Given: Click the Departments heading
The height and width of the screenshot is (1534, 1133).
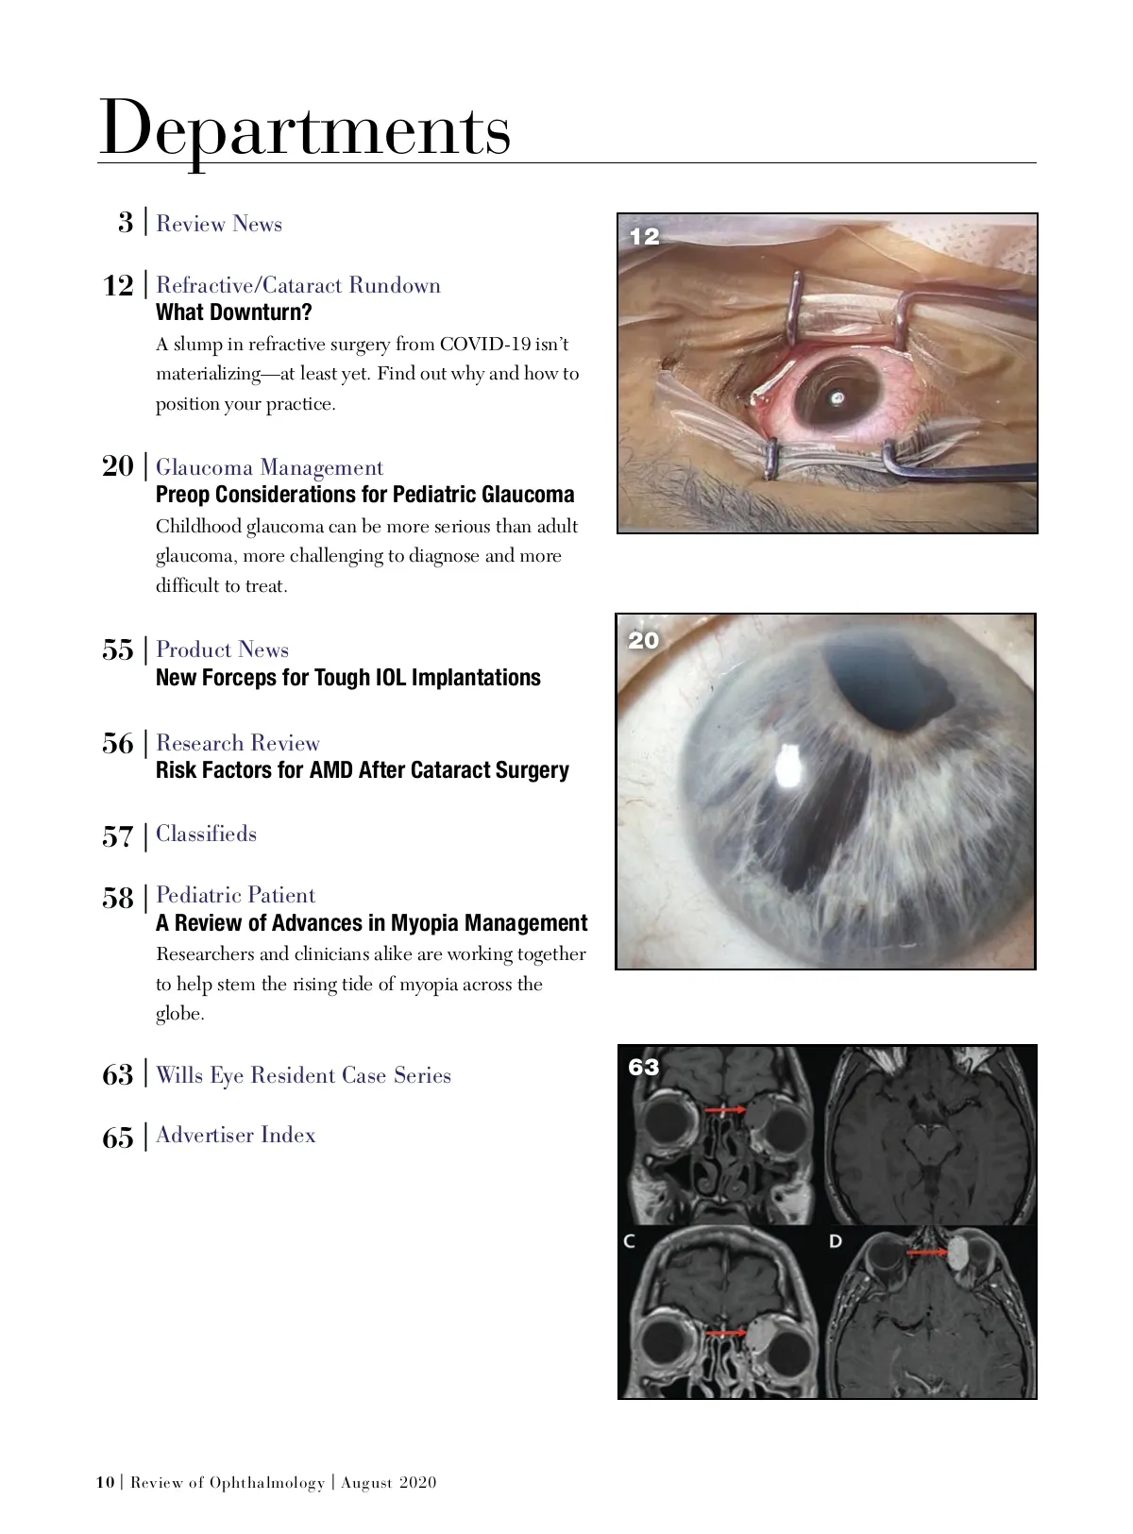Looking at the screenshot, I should pos(304,129).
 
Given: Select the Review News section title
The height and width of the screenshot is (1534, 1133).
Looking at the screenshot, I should pos(219,224).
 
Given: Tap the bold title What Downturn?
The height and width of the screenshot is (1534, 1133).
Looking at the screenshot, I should pos(233,312).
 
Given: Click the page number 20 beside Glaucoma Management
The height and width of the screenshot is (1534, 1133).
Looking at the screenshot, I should pos(118,465).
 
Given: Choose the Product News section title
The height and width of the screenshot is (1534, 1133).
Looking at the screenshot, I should pos(222,649).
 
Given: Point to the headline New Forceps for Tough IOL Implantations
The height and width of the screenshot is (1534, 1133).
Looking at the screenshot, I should pos(347,678).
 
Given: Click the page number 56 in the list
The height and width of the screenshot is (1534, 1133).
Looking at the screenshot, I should pos(118,744).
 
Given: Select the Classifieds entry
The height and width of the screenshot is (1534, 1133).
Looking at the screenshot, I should pos(206,834).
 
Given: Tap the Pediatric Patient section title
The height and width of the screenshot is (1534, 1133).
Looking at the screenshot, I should pos(235,895).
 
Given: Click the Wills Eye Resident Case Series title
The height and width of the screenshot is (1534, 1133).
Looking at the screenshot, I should pos(303,1075).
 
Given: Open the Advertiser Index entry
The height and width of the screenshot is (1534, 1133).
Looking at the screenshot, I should pos(235,1135).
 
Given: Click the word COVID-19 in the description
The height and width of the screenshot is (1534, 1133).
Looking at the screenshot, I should pos(483,345).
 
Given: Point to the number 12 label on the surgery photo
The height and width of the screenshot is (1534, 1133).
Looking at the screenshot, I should pos(644,237).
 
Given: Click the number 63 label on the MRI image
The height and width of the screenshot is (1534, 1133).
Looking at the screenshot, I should pos(643,1067).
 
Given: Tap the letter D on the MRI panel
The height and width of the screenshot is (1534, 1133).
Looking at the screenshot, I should pos(835,1240).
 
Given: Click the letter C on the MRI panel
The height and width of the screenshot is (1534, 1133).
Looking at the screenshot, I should pos(629,1240).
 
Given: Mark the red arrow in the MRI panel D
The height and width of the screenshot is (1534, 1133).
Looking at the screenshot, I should pos(926,1253).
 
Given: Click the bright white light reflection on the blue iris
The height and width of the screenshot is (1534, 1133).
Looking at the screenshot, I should pos(788,767).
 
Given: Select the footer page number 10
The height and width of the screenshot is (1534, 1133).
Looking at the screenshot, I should pos(105,1482).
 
